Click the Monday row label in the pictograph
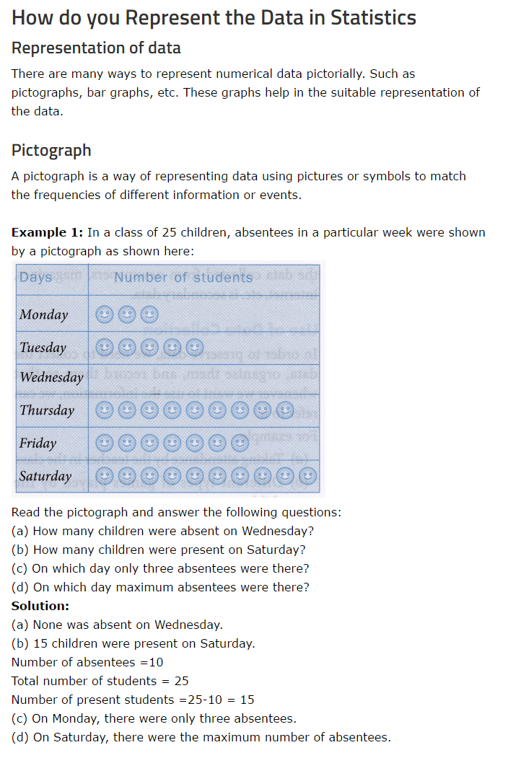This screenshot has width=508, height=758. [44, 314]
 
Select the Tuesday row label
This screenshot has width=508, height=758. [43, 348]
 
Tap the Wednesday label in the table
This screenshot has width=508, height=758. [51, 377]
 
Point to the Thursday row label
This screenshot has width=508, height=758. [47, 410]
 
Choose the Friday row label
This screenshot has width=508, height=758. [38, 443]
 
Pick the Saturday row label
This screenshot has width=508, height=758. [45, 476]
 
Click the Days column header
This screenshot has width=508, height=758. [36, 277]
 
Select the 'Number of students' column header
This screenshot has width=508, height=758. [183, 277]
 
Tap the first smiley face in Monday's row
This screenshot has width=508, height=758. [105, 314]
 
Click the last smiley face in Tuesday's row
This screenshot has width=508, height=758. [194, 348]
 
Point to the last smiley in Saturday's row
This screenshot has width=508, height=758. [308, 476]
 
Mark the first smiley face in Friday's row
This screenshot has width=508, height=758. [105, 443]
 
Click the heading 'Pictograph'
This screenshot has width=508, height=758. [51, 150]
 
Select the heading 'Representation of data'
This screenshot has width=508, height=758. [96, 48]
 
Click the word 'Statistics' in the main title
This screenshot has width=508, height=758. [373, 17]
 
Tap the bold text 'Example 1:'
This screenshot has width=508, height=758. [48, 232]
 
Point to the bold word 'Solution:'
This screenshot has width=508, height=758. [40, 606]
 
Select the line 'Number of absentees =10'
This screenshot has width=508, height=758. [87, 662]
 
